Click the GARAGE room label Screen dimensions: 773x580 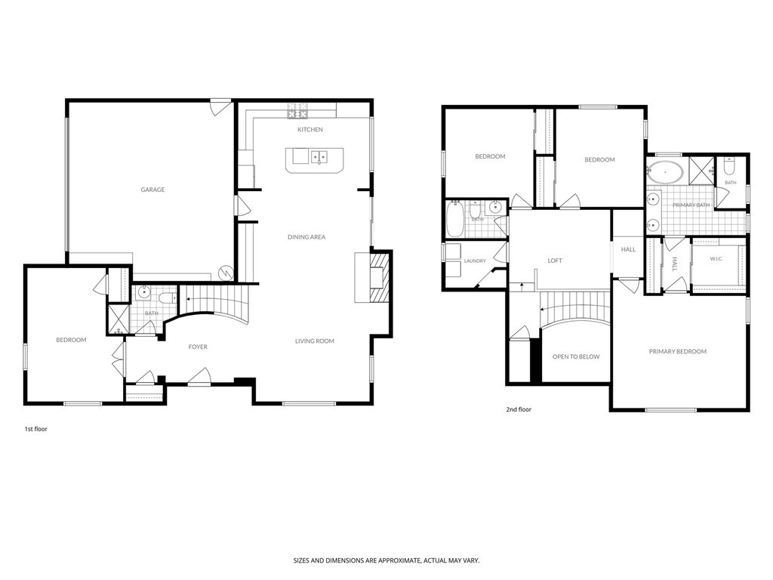(x=152, y=190)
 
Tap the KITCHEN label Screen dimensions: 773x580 (x=310, y=129)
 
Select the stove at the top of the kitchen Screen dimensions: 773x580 (x=297, y=110)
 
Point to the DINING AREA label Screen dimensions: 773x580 (x=306, y=236)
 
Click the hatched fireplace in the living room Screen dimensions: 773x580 (x=380, y=277)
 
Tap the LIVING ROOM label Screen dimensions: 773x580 (x=315, y=341)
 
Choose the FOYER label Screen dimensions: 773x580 (x=198, y=347)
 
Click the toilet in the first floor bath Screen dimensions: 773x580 (x=168, y=298)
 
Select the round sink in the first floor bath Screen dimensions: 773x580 (x=143, y=292)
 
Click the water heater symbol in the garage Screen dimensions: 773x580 (x=226, y=273)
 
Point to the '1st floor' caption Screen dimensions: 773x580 (x=36, y=429)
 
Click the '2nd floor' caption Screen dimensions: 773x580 (x=519, y=409)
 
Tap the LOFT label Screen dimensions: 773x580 (x=555, y=261)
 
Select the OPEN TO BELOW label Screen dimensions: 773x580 (x=576, y=356)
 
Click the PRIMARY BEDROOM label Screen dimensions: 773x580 (x=677, y=352)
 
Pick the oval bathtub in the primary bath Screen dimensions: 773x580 (x=665, y=173)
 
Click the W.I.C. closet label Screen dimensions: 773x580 (x=716, y=258)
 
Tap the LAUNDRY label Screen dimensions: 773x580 (x=475, y=261)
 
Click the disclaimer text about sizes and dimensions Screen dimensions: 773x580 (x=386, y=560)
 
